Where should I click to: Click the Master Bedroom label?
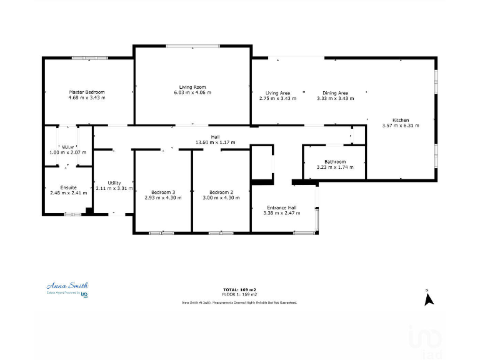click(87, 92)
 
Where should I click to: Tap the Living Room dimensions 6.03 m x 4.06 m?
click(192, 92)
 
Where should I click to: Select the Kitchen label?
click(401, 120)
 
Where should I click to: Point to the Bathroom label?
click(335, 162)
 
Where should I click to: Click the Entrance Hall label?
click(282, 207)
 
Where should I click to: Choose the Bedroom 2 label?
click(221, 192)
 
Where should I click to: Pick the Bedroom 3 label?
click(163, 192)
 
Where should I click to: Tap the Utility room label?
click(114, 182)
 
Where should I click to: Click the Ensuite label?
click(68, 187)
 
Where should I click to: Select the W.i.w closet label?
click(68, 146)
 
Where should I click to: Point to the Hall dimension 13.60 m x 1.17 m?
click(215, 142)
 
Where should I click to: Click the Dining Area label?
click(336, 93)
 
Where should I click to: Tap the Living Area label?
click(277, 93)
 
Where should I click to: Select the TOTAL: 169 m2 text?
click(240, 289)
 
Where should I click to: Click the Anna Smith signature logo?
click(67, 285)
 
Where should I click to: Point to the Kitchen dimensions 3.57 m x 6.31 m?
click(401, 126)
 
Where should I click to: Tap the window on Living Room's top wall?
click(192, 45)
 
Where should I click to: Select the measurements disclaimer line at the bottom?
click(239, 302)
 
